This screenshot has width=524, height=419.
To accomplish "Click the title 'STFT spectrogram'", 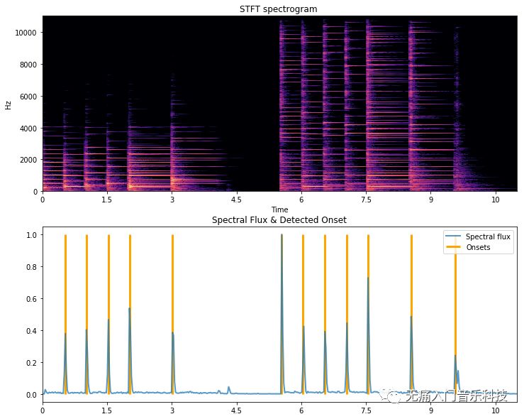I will (x=279, y=9).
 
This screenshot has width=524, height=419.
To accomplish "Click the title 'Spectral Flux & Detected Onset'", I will (x=279, y=220).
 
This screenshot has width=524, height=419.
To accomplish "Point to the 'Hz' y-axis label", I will (x=8, y=104).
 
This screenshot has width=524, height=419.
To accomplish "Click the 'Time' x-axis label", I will (x=279, y=209).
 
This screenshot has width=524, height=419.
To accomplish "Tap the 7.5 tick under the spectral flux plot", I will (x=366, y=410).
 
